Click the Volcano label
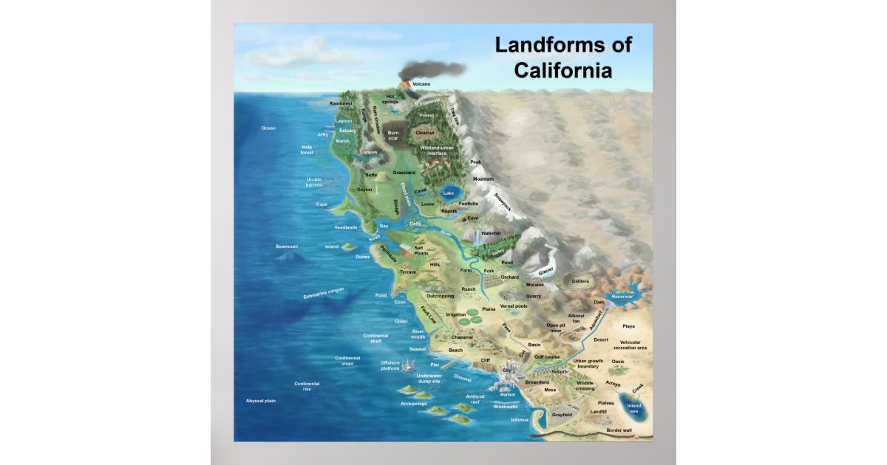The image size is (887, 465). click(421, 84)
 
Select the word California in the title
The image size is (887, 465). click(563, 71)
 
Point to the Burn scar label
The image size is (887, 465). click(393, 136)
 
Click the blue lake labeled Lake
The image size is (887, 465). click(448, 193)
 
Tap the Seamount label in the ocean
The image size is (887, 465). click(287, 246)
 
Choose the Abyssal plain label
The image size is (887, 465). click(260, 401)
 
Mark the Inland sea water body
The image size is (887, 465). click(634, 408)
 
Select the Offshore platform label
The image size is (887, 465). click(390, 365)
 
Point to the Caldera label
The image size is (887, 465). click(580, 281)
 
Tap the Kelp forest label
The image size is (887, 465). click(307, 150)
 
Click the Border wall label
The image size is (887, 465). click(619, 430)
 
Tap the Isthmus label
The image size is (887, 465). click(520, 420)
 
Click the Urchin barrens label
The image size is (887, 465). click(314, 182)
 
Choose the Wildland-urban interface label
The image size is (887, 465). click(438, 151)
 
